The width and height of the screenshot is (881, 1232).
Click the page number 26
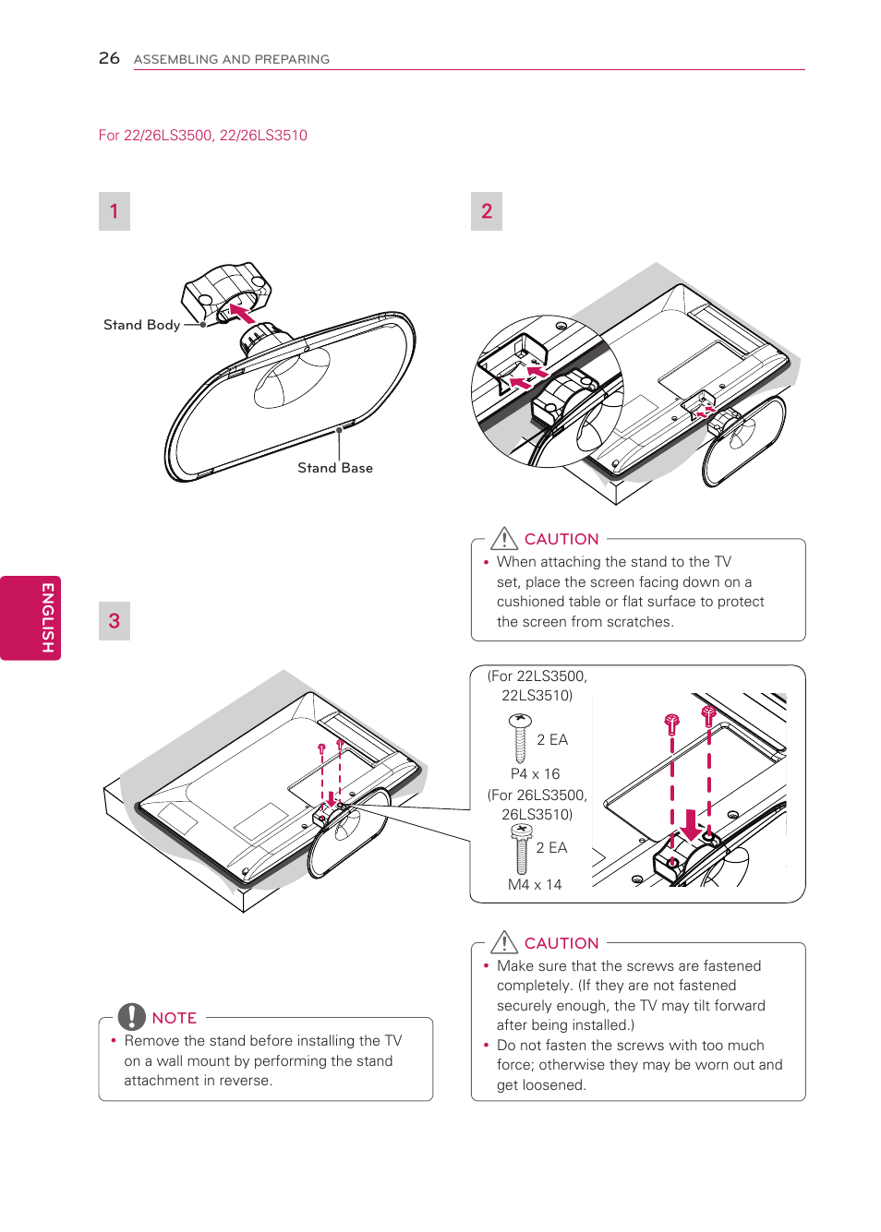[109, 58]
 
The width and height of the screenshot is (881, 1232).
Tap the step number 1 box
[115, 211]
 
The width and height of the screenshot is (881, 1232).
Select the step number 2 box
[487, 211]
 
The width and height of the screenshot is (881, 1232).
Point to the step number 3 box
[115, 621]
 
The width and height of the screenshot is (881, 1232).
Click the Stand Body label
[141, 325]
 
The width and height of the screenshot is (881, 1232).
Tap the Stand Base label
[335, 468]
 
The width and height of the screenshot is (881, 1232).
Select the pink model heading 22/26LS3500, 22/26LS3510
[203, 136]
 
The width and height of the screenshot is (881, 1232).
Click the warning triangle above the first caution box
[504, 538]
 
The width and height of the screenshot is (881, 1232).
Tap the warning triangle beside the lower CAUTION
[504, 942]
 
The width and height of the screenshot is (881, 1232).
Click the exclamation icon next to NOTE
[132, 1016]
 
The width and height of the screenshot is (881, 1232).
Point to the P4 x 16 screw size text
[535, 774]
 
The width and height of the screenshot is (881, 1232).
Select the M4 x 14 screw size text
[535, 885]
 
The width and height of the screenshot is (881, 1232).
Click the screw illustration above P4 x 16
[520, 737]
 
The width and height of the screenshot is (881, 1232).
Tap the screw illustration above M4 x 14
[522, 847]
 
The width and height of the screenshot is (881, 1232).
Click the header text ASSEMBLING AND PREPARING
[232, 59]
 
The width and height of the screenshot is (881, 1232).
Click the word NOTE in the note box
[175, 1018]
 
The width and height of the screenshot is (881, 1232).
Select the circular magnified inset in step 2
[548, 391]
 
